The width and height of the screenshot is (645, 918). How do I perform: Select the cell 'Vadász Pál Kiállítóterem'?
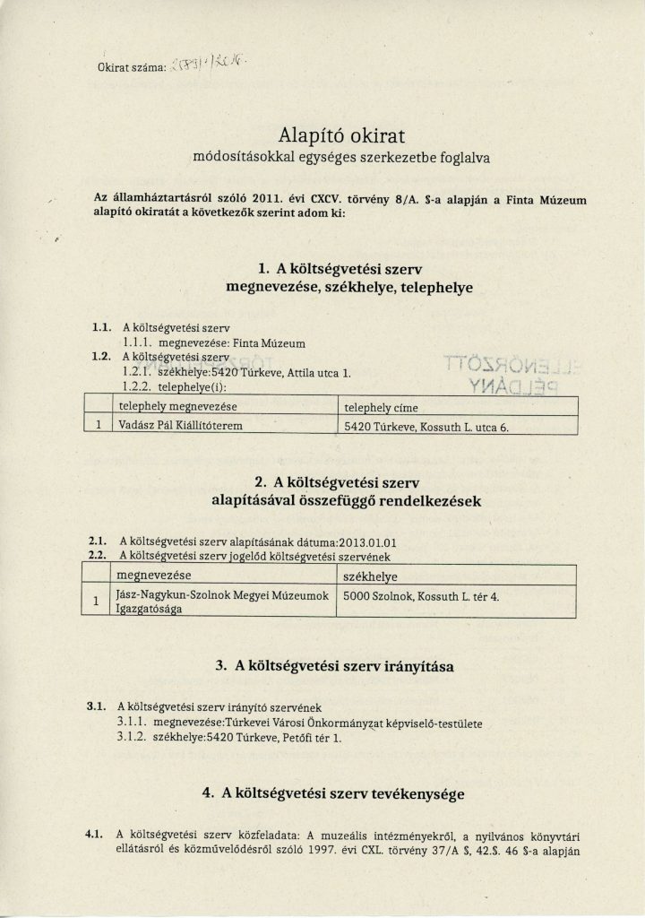(x=180, y=428)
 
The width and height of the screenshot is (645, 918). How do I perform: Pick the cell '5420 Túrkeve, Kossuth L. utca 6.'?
(x=427, y=428)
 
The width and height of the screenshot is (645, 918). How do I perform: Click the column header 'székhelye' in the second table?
(x=373, y=575)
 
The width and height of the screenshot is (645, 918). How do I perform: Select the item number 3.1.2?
(x=133, y=741)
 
